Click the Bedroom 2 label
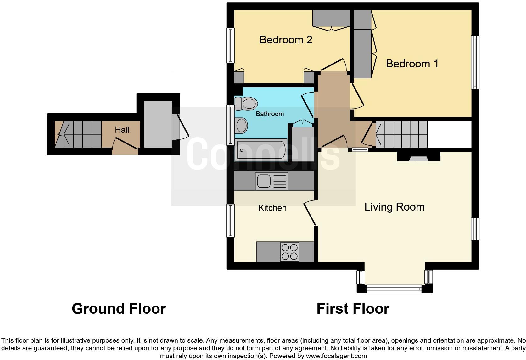click(286, 40)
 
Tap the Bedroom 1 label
click(412, 64)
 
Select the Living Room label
click(394, 207)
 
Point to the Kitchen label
click(272, 208)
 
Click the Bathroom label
click(270, 114)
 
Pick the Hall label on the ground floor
click(122, 130)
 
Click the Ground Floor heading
click(119, 309)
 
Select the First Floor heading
click(353, 309)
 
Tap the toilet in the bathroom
click(246, 103)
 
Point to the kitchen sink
click(264, 181)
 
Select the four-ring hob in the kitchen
click(289, 252)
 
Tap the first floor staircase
click(401, 134)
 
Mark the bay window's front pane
click(394, 288)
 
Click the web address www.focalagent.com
click(336, 356)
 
